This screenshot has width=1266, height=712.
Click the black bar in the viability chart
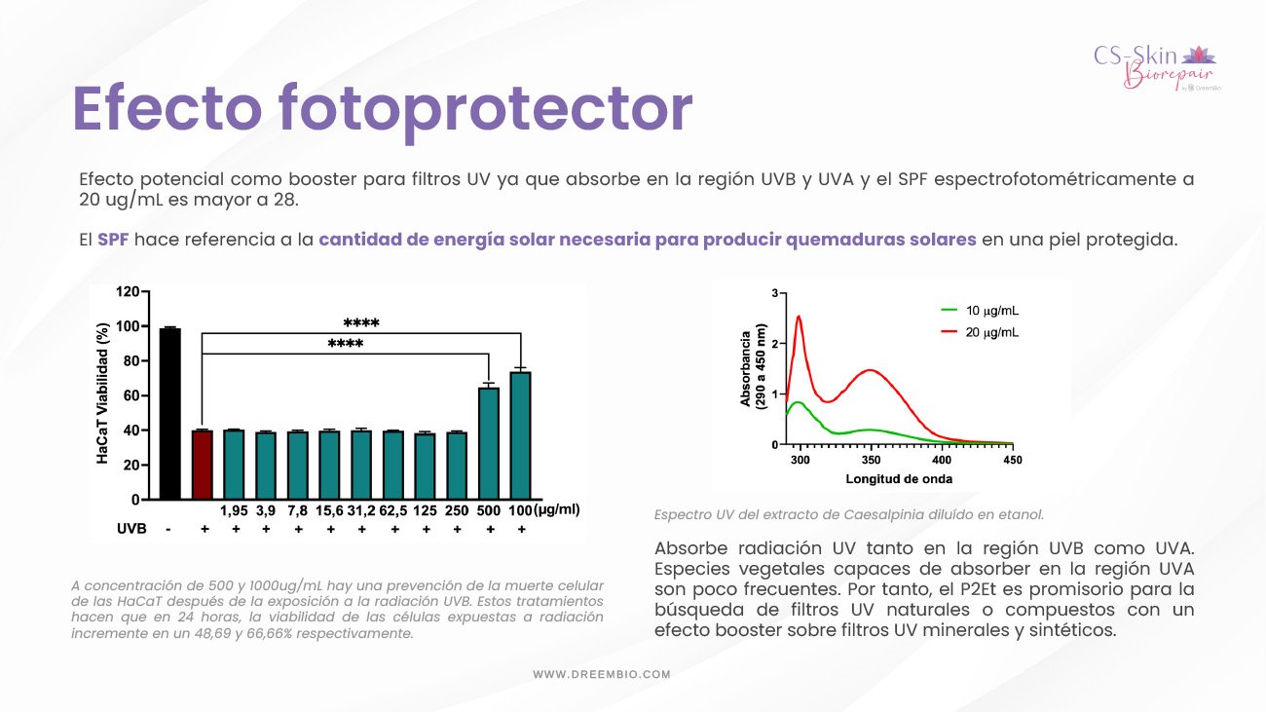pyautogui.click(x=170, y=414)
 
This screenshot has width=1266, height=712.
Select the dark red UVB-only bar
pyautogui.click(x=203, y=465)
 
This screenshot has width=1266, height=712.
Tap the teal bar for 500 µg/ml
pyautogui.click(x=489, y=443)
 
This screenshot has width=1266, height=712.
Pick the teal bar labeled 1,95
pyautogui.click(x=234, y=465)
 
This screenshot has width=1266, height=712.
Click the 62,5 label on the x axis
pyautogui.click(x=392, y=510)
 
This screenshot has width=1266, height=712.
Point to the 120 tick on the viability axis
pyautogui.click(x=128, y=291)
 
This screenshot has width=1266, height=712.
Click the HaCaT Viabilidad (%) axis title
pyautogui.click(x=102, y=393)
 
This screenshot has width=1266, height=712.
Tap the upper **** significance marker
pyautogui.click(x=361, y=322)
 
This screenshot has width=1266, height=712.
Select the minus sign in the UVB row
pyautogui.click(x=168, y=530)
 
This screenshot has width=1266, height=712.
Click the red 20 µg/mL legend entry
pyautogui.click(x=980, y=332)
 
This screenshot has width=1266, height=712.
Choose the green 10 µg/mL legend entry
pyautogui.click(x=980, y=311)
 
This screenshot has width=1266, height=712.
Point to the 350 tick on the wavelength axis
pyautogui.click(x=871, y=460)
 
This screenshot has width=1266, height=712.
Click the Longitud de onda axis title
pyautogui.click(x=899, y=479)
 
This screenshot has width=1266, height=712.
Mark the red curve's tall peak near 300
pyautogui.click(x=800, y=317)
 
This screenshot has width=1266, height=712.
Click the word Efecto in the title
pyautogui.click(x=168, y=108)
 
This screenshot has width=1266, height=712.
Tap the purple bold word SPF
pyautogui.click(x=113, y=240)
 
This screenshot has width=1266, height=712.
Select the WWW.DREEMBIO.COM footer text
pyautogui.click(x=602, y=674)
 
